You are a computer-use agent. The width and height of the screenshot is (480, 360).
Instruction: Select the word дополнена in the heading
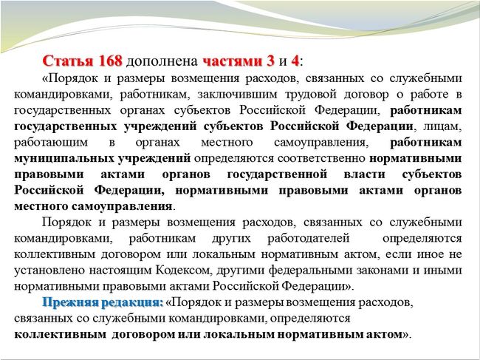[162, 62]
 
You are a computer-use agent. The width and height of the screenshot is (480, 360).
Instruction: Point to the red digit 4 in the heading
[295, 61]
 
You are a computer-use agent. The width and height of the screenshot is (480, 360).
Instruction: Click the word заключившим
[237, 95]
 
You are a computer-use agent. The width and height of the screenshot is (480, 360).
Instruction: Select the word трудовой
[309, 95]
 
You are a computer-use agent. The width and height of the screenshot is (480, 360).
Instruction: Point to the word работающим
[51, 143]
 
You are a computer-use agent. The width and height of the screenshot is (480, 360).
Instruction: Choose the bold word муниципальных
[64, 159]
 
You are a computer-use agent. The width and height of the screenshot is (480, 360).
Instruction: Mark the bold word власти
[364, 174]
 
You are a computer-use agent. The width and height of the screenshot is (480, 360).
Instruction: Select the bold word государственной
[278, 174]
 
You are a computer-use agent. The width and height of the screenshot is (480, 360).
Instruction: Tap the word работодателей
[308, 238]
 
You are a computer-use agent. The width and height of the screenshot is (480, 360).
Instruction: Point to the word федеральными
[313, 271]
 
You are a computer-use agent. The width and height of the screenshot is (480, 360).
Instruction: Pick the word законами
[387, 271]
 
